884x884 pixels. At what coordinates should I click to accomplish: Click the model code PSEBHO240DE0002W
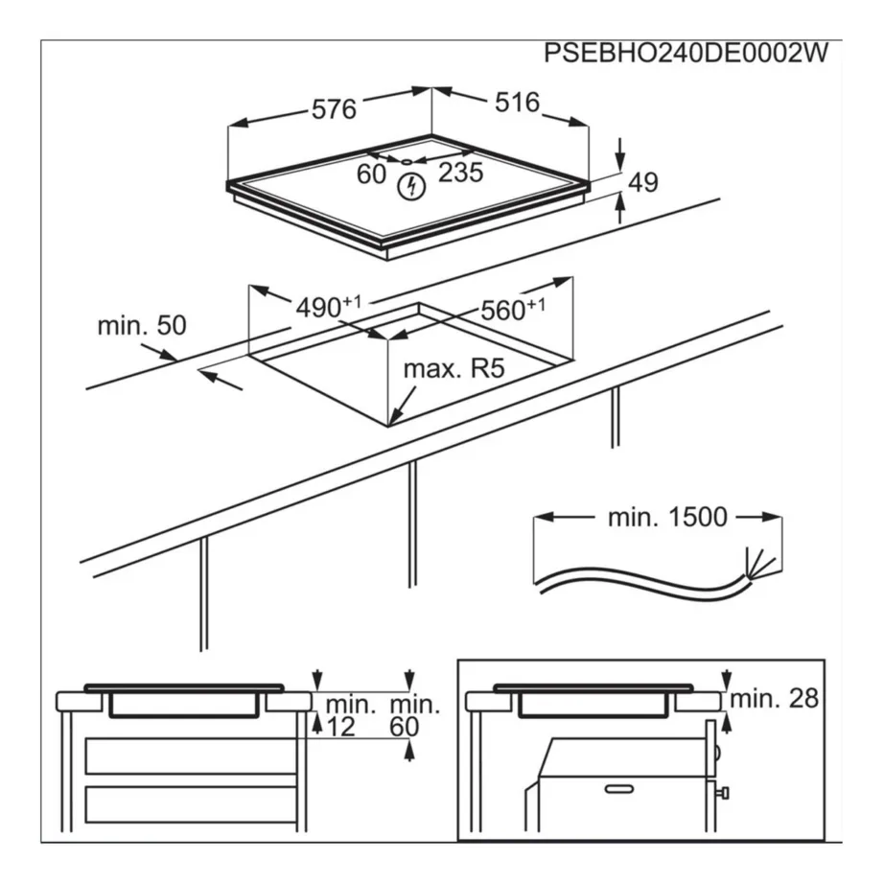(x=685, y=54)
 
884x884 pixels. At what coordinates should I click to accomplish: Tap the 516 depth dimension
(x=518, y=103)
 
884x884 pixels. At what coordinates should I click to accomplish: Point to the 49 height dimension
(x=643, y=182)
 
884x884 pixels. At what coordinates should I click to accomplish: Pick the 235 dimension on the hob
(x=460, y=174)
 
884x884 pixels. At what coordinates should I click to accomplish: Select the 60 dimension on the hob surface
(x=370, y=174)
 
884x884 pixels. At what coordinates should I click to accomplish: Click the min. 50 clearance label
(x=141, y=325)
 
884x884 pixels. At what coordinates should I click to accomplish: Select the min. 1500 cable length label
(x=667, y=518)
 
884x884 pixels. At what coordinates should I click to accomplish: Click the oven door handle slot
(x=619, y=788)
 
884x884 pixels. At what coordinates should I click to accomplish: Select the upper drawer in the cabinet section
(x=189, y=756)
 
